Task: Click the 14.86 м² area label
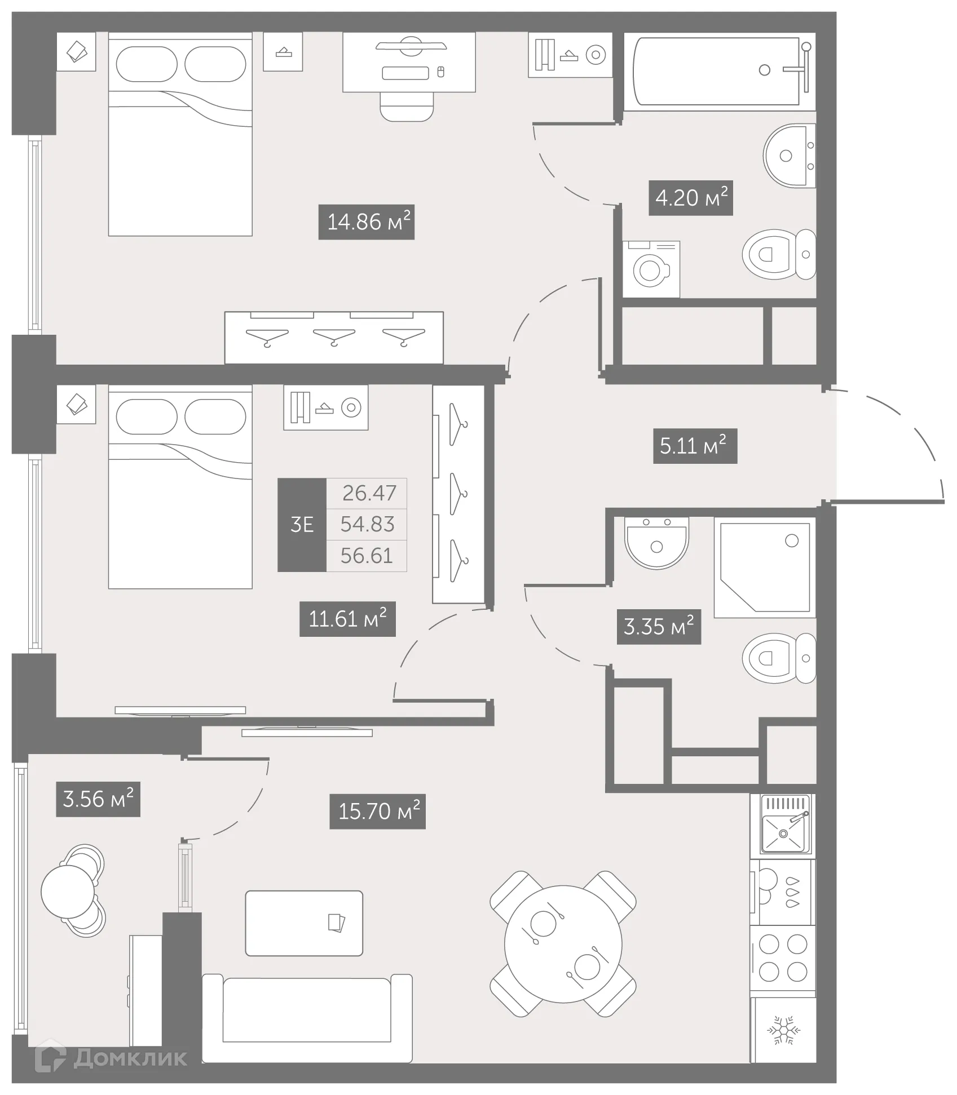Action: (366, 222)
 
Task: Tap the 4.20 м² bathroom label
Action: (690, 198)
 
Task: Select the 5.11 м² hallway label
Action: (694, 446)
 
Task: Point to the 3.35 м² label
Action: (659, 627)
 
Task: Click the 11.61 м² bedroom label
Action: (347, 619)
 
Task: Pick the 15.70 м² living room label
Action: (377, 812)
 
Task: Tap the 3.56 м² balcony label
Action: (98, 799)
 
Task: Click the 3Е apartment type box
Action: (302, 525)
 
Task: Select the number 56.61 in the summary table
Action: (367, 556)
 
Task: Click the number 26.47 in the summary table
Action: (369, 493)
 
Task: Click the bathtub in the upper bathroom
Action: (716, 71)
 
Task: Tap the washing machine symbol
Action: (651, 269)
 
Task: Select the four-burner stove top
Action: (783, 958)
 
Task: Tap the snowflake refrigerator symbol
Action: (783, 1030)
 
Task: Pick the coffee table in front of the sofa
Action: (304, 923)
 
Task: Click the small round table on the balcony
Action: (68, 891)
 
